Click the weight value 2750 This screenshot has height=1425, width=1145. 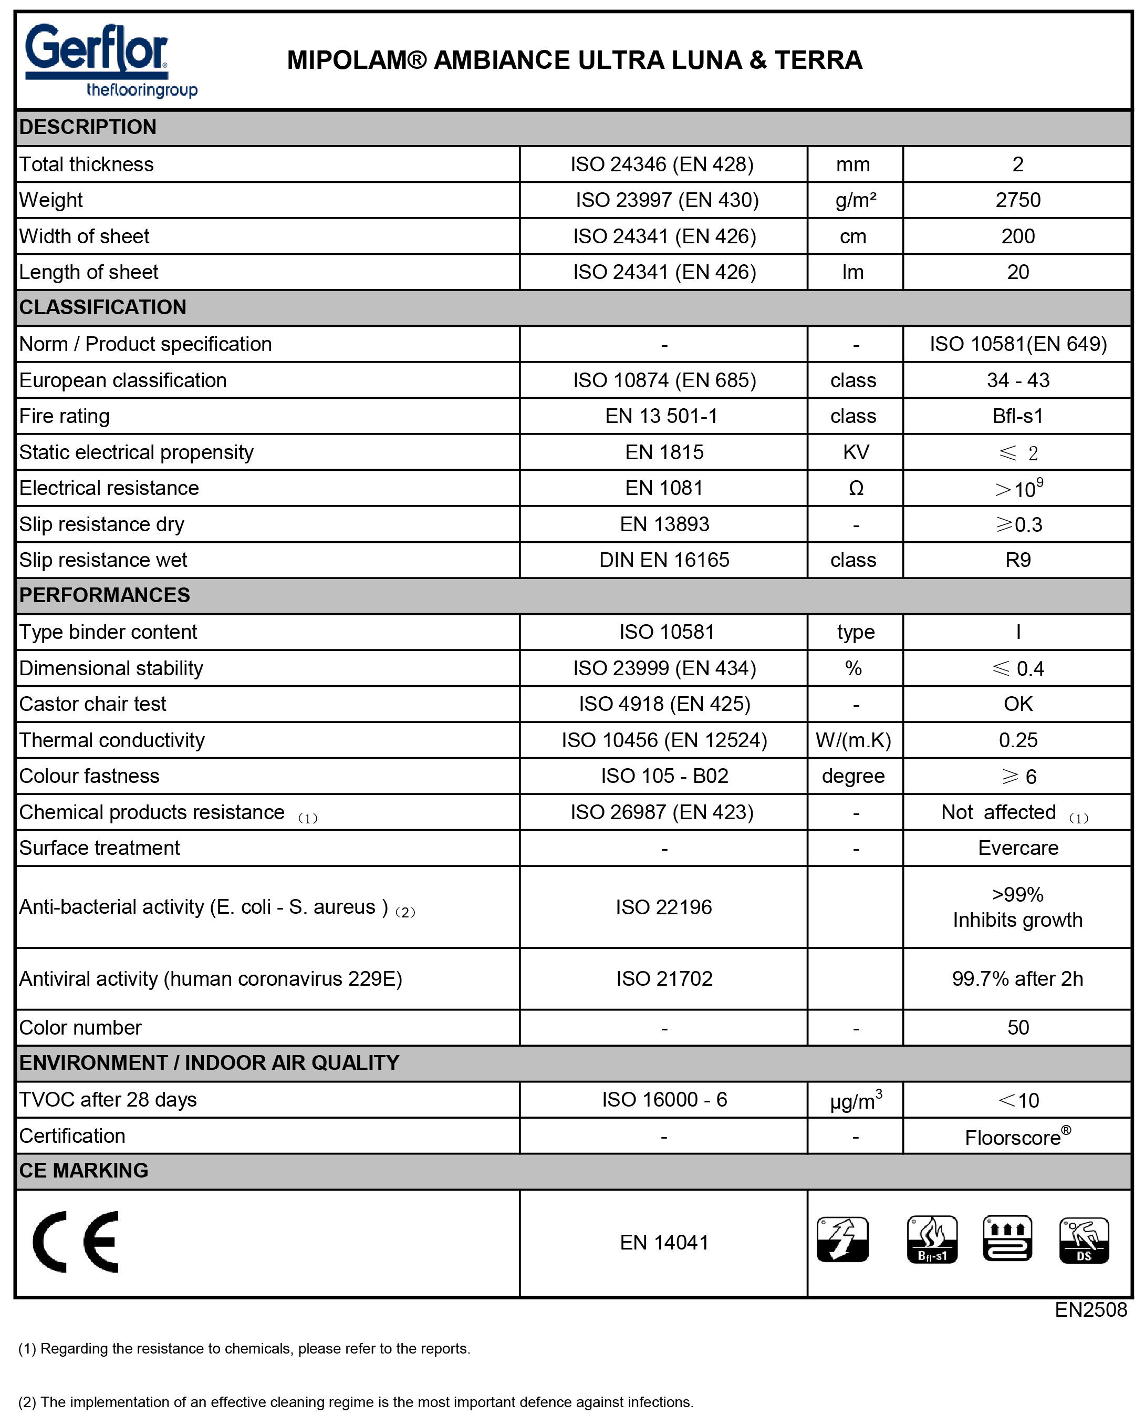1017,200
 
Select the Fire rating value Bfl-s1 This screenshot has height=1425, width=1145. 1017,416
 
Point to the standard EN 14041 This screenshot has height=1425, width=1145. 663,1242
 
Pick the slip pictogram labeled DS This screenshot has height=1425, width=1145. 1083,1240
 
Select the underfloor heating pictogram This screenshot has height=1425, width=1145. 1007,1238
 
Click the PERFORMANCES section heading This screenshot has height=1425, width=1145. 105,595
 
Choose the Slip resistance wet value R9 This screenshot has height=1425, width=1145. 1017,560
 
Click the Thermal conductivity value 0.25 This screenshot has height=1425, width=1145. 1017,740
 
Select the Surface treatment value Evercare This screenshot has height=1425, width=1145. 1017,848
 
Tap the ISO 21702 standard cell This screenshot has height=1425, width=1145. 663,978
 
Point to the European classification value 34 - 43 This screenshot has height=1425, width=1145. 1017,380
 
